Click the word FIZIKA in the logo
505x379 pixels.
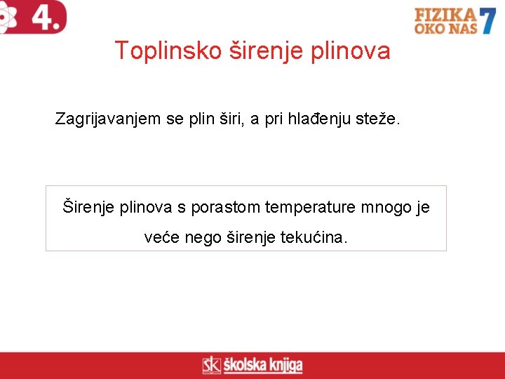[445, 15]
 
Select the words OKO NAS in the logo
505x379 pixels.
[445, 28]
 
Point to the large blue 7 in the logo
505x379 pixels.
[488, 20]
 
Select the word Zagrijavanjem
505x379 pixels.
[108, 120]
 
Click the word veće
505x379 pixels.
[161, 238]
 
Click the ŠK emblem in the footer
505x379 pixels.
[211, 366]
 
